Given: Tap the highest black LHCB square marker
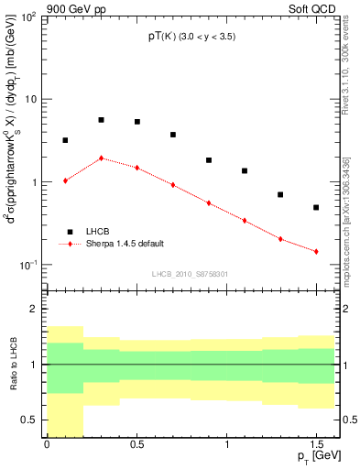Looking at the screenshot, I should point(101,120).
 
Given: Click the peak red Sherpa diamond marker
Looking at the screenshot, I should point(101,158).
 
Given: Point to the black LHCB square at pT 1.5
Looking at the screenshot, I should point(316,208).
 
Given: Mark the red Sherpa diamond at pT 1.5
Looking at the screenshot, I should point(316,251).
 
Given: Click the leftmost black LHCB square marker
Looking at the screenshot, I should point(65,140).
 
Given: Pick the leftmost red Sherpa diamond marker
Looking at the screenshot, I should point(65,180).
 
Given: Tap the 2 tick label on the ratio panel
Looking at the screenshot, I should point(34,310).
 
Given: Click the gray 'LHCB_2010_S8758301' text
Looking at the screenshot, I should point(191,273).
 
